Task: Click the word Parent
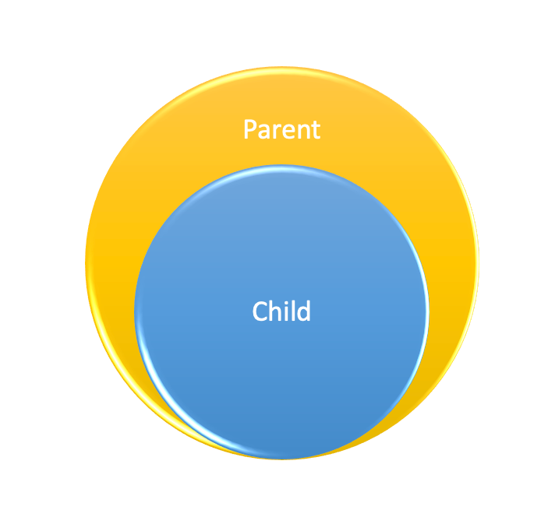tap(281, 129)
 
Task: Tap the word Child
tap(281, 311)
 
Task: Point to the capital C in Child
tap(260, 312)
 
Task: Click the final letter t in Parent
tap(316, 130)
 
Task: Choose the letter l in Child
tap(293, 311)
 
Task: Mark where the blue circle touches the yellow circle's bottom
tap(281, 459)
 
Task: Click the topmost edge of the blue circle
tap(281, 166)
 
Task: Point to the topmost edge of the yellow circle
tap(281, 68)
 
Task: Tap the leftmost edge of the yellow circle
tap(86, 263)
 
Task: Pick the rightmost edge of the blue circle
tap(428, 312)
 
